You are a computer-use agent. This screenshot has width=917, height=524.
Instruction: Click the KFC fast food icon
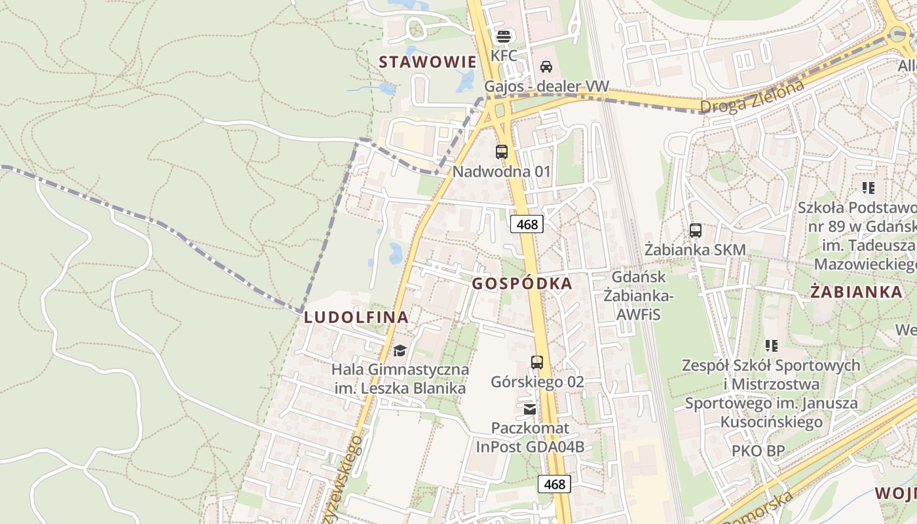(x=503, y=36)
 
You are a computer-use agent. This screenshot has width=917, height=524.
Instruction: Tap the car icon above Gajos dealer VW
(x=546, y=67)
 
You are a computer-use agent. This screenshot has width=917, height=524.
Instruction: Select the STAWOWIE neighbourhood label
(x=428, y=62)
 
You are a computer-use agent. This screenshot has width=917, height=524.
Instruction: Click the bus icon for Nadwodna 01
(x=502, y=152)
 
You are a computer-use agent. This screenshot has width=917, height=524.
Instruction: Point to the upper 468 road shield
(x=527, y=225)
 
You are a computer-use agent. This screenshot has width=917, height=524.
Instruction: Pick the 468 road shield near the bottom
(x=554, y=484)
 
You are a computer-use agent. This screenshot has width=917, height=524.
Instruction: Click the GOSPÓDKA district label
(x=521, y=284)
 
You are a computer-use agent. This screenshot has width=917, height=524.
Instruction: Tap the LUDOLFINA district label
(x=356, y=318)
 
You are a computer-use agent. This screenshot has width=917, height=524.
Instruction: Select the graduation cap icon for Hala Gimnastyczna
(x=400, y=350)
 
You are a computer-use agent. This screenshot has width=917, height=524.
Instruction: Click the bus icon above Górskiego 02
(x=537, y=362)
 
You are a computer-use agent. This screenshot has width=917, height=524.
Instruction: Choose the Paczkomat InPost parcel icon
(x=530, y=409)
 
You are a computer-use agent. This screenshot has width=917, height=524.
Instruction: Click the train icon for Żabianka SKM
(x=696, y=231)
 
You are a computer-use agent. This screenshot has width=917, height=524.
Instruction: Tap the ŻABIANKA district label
(x=848, y=292)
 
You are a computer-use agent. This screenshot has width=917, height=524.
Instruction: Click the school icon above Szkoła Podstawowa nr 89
(x=869, y=189)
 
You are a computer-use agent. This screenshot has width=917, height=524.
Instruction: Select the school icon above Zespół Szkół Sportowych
(x=772, y=345)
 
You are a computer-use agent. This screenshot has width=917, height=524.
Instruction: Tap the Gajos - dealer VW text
(x=546, y=86)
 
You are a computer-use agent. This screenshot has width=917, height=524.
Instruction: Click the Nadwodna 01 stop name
(x=502, y=172)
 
